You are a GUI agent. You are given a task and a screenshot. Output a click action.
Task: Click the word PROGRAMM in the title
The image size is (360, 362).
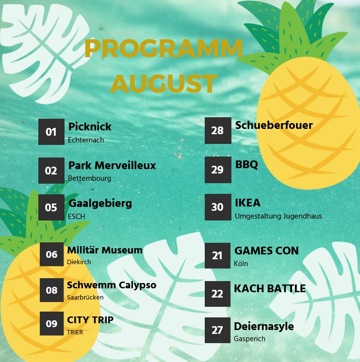[x=164, y=48]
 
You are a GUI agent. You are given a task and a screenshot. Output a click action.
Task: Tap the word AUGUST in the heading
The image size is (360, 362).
[x=164, y=83]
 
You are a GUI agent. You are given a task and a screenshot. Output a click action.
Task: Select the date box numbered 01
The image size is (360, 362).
[x=51, y=132]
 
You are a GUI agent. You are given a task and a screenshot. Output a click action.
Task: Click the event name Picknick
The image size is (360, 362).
[x=90, y=126]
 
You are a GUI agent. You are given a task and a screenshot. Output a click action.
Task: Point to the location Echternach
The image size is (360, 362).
[x=86, y=140]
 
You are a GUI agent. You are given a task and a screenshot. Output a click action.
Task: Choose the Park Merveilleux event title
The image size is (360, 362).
[x=112, y=165]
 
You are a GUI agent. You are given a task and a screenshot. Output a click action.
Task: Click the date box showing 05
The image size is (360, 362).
[x=51, y=207]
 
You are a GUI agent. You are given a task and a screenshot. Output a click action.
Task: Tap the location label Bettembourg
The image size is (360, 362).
[x=89, y=178]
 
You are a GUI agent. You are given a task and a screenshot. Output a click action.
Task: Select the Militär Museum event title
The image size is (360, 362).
[x=105, y=250]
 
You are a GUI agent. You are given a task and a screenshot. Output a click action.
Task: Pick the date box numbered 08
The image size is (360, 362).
[x=52, y=290]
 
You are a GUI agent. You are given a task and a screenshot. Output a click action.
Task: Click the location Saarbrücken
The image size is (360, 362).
[x=85, y=297]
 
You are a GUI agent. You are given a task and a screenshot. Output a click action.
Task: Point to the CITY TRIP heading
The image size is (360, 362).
[x=90, y=320]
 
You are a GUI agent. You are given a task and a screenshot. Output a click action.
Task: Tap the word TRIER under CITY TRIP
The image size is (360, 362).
[x=75, y=332]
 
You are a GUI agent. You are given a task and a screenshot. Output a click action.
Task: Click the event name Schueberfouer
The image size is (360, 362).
[x=274, y=125]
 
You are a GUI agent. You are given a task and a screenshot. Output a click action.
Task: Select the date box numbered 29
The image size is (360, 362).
[x=218, y=170]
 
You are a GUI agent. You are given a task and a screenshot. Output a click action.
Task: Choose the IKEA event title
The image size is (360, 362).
[x=247, y=203]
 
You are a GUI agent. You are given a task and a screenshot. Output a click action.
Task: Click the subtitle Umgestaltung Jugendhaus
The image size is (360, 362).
[x=278, y=216]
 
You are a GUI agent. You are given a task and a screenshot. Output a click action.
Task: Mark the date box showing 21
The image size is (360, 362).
[x=217, y=255]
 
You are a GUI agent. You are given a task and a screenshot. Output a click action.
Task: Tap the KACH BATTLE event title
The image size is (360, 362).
[x=270, y=288]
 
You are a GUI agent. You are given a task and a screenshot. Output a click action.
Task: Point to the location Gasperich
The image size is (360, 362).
[x=249, y=339]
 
